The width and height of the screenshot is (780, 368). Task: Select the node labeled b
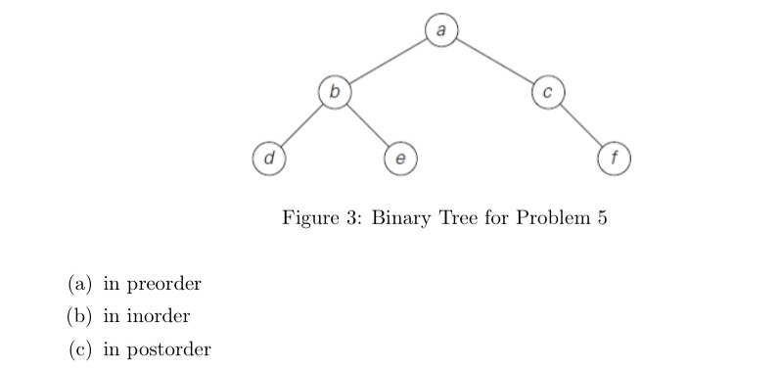click(335, 93)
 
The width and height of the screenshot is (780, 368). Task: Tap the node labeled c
click(548, 93)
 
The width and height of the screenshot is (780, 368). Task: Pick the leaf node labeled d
click(268, 156)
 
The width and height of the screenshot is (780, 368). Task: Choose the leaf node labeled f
click(614, 156)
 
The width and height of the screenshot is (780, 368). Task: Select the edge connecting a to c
click(494, 62)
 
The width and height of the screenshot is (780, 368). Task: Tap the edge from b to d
click(301, 124)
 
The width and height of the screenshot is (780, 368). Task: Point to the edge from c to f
click(581, 124)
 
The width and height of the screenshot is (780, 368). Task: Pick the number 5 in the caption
click(601, 217)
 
